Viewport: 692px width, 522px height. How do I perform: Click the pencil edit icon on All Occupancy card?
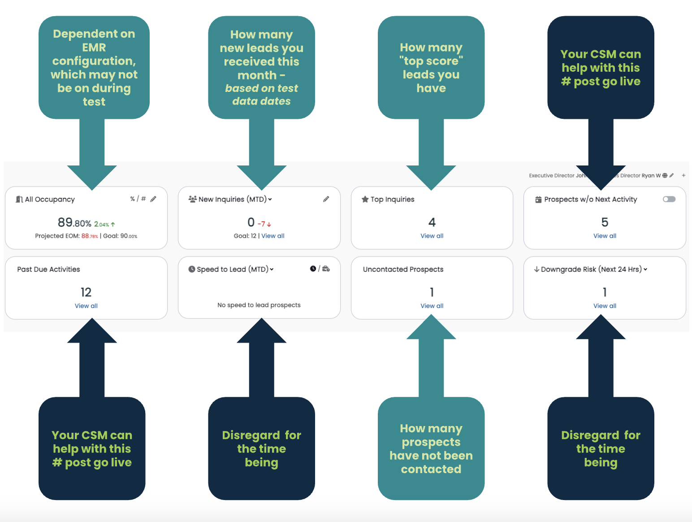153,199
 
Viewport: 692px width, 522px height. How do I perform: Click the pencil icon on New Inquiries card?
326,199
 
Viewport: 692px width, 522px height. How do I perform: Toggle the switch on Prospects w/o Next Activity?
669,199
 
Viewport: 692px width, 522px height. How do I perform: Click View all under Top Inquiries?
432,235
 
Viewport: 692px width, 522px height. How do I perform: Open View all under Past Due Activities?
86,306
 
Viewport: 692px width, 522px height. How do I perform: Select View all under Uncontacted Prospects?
432,306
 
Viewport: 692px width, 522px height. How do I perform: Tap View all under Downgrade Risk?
605,306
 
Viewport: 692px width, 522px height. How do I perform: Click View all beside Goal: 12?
272,235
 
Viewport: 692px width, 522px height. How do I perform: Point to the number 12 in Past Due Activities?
86,292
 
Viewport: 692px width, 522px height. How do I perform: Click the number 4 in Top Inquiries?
432,222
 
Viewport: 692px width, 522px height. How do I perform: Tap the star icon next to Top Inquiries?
365,199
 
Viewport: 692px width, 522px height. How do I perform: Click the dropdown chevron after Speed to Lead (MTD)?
272,269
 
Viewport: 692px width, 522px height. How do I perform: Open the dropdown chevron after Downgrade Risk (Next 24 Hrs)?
645,269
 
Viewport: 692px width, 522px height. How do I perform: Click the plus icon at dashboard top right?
683,175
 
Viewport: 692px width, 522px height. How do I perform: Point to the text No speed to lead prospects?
259,305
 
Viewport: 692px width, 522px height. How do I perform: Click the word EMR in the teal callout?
94,47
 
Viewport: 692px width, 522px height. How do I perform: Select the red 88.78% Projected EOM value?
90,236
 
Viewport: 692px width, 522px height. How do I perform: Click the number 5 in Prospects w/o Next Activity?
605,222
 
